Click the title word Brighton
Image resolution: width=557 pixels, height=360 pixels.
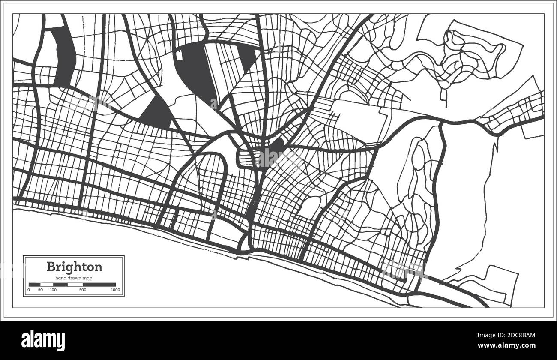click(74, 267)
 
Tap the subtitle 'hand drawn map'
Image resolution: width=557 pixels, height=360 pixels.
click(74, 278)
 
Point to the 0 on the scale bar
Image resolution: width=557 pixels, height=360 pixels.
click(29, 290)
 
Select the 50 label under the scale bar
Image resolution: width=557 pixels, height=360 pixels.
click(40, 290)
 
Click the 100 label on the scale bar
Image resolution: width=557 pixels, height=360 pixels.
click(53, 290)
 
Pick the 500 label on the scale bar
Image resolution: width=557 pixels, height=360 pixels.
click(83, 290)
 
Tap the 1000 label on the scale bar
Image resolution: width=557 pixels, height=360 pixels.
click(115, 290)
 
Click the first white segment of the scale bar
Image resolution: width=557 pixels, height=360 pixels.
click(46, 284)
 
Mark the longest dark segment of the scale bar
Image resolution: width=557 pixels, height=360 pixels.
click(99, 284)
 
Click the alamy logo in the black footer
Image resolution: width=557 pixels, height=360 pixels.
click(43, 341)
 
